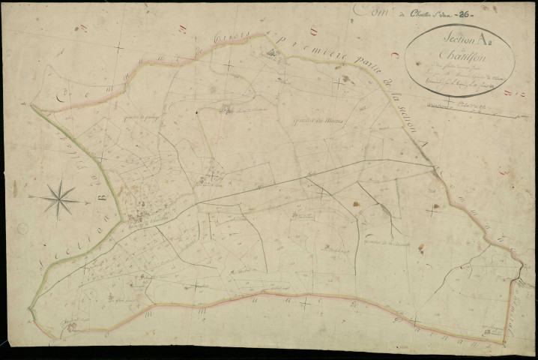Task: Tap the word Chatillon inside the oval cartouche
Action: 457,58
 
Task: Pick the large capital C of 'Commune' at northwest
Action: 63,98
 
